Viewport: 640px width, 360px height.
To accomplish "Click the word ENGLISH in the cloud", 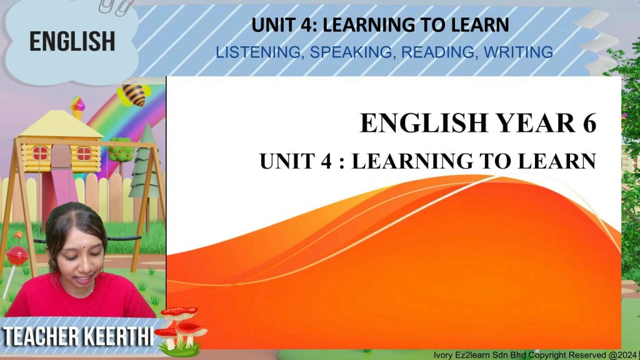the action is (72, 41).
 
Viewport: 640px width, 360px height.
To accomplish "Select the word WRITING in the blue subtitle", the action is (518, 52).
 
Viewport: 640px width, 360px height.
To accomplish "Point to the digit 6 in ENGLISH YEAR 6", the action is (589, 123).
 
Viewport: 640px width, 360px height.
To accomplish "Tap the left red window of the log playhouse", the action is (41, 154).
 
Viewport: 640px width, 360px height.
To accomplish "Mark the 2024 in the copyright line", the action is (627, 355).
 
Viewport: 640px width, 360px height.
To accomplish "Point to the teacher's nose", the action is (76, 265).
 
